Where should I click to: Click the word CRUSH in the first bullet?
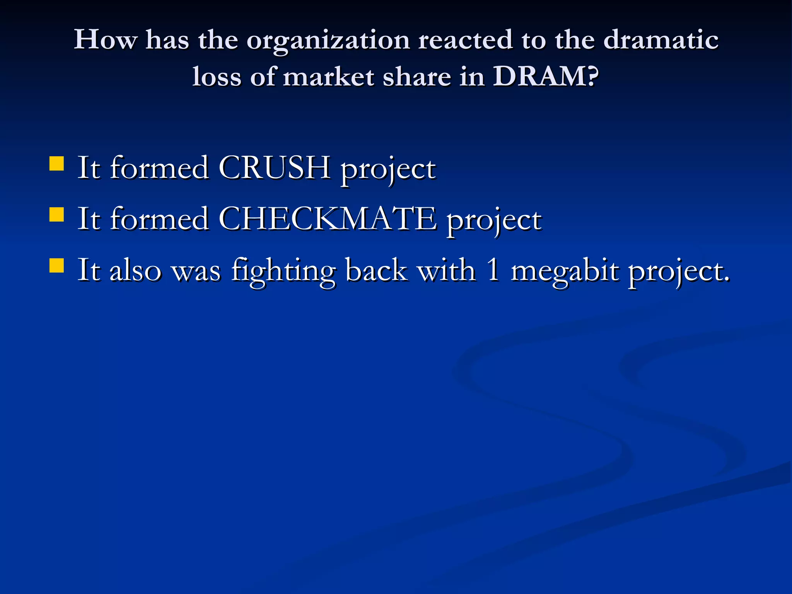click(274, 168)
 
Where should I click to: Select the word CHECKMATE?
click(328, 219)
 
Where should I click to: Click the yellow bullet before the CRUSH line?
click(57, 163)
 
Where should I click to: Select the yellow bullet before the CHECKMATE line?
click(57, 215)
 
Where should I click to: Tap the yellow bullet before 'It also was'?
click(57, 266)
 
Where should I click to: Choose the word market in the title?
click(329, 76)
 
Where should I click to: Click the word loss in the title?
click(217, 76)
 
